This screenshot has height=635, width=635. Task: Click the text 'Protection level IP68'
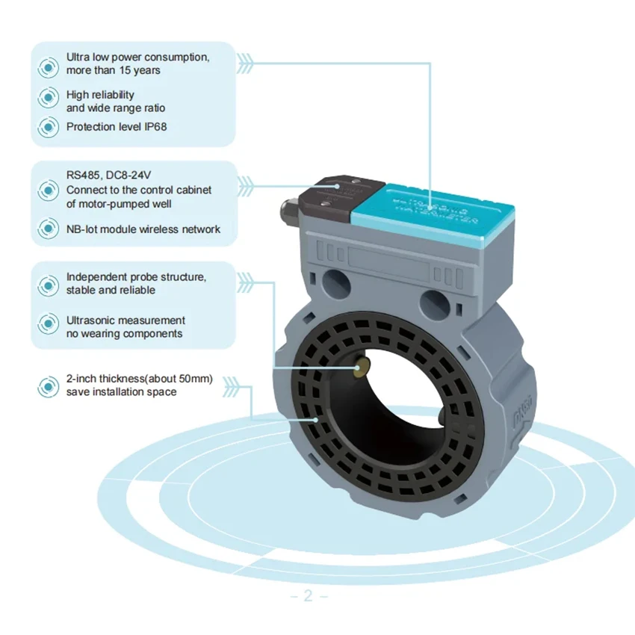[116, 126]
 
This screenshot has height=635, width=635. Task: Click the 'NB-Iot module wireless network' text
[143, 229]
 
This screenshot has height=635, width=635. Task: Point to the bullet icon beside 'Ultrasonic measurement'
[49, 325]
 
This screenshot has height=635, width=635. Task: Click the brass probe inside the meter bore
[363, 365]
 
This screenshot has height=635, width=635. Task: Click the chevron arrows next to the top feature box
[246, 62]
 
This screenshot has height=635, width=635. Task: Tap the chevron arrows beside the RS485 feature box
[246, 182]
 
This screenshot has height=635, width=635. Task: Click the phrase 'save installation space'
[121, 392]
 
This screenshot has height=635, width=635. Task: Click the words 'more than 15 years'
[113, 70]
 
